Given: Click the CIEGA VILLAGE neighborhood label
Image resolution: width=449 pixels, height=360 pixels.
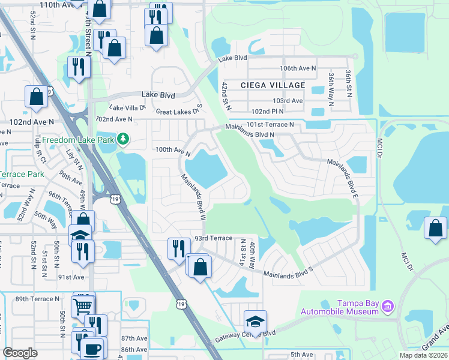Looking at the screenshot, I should tap(273, 85).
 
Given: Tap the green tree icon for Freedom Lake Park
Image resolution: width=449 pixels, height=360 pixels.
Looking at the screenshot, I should tap(123, 139).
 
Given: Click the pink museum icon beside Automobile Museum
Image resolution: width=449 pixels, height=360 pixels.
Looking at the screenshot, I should tap(387, 307).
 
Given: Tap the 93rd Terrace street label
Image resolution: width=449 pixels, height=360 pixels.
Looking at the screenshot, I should tap(212, 238).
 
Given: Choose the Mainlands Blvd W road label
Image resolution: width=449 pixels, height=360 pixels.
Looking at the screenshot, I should tap(194, 196).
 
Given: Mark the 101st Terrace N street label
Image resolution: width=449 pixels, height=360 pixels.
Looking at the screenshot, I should tap(270, 125).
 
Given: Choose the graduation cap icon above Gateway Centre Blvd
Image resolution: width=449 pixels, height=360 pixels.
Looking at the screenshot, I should tap(255, 322).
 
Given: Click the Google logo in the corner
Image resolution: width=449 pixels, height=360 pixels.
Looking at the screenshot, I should tap(20, 353).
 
